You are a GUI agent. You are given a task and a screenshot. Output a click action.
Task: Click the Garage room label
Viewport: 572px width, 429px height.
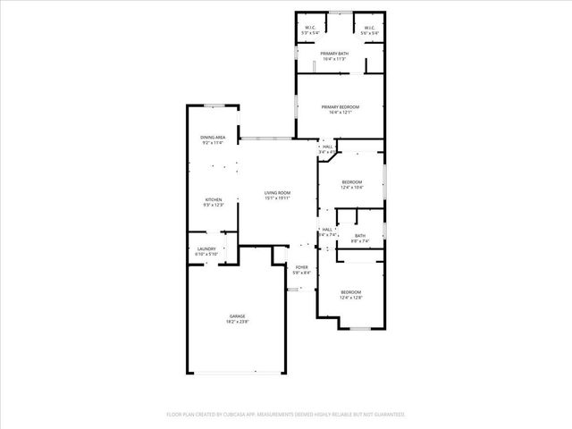pyautogui.click(x=236, y=315)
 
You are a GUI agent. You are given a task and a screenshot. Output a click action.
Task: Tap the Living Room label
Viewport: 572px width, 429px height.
pyautogui.click(x=277, y=193)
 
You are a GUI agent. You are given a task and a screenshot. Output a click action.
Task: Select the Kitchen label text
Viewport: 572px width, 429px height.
pyautogui.click(x=214, y=199)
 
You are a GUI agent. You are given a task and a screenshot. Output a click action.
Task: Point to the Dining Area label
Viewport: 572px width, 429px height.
pyautogui.click(x=213, y=137)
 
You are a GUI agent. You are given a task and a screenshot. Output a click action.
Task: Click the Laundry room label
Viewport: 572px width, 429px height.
pyautogui.click(x=206, y=249)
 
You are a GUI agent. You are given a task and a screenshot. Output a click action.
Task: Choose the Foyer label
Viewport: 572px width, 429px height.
pyautogui.click(x=302, y=267)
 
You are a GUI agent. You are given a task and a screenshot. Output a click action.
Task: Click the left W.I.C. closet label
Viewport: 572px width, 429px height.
pyautogui.click(x=310, y=28)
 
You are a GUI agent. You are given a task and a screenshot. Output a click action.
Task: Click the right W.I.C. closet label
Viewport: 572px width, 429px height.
pyautogui.click(x=370, y=28)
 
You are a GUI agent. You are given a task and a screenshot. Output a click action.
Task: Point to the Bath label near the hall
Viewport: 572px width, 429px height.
pyautogui.click(x=359, y=236)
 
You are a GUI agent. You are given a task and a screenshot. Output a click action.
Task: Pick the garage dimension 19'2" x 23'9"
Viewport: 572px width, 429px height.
pyautogui.click(x=236, y=322)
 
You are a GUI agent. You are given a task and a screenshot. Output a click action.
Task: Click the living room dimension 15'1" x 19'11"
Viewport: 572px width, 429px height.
pyautogui.click(x=277, y=198)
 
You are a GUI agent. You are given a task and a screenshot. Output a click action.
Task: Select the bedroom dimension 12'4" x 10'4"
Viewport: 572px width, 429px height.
pyautogui.click(x=351, y=188)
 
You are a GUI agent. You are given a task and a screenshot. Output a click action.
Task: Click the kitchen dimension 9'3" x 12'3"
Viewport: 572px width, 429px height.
pyautogui.click(x=214, y=206)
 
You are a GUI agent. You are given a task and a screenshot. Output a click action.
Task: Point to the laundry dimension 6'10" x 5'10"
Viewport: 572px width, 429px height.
pyautogui.click(x=206, y=255)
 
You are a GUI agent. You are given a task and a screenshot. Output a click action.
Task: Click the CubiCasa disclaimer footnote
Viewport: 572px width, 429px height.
pyautogui.click(x=286, y=415)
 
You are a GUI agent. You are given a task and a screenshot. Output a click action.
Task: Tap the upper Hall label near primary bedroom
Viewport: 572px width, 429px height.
pyautogui.click(x=327, y=147)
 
